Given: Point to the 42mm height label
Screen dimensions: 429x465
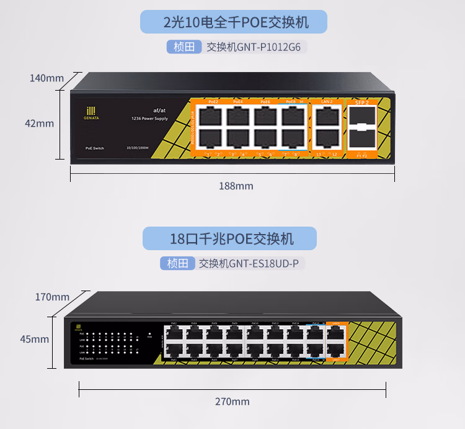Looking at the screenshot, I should [39, 124].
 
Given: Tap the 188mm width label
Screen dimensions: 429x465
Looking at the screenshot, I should [236, 186].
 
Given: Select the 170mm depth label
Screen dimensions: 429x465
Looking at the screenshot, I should [52, 297].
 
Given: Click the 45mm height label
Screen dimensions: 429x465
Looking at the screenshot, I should [34, 340].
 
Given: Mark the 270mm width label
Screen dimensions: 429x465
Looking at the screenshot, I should [232, 402].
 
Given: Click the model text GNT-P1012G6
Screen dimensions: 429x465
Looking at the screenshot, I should [272, 47].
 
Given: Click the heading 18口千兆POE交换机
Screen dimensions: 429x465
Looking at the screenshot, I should [232, 238].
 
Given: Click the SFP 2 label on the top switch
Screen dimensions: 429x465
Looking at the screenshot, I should [361, 101].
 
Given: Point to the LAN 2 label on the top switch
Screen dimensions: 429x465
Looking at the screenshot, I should [327, 101].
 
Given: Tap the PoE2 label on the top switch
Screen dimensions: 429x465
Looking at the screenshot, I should [213, 101].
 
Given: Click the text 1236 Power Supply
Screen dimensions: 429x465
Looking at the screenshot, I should [149, 118].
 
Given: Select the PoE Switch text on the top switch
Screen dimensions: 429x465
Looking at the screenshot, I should [94, 148].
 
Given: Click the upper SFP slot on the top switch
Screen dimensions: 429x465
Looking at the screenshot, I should [361, 115].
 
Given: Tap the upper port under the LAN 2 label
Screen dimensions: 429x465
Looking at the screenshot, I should [327, 115].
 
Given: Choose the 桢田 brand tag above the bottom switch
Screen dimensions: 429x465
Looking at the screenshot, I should [177, 263].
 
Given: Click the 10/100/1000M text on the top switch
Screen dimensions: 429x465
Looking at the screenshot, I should [138, 148].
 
